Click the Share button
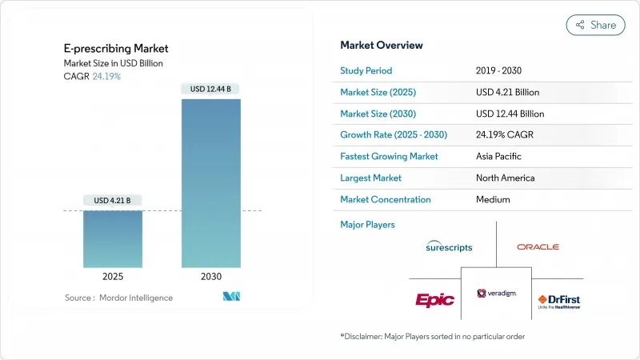pos(596,25)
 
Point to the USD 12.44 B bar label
pos(210,89)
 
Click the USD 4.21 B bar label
pos(112,200)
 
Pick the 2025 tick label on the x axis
pos(112,276)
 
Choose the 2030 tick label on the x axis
pos(210,276)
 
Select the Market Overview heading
pos(382,46)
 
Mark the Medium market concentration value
pos(493,199)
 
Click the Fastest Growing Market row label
pos(389,156)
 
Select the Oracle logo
pos(538,247)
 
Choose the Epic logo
pos(434,299)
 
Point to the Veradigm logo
pos(497,294)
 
